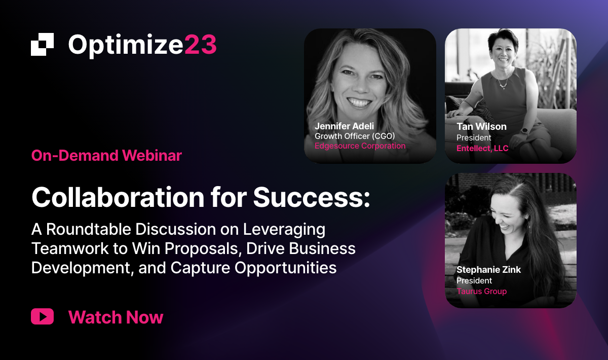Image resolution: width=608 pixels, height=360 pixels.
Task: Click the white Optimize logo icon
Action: [43, 44]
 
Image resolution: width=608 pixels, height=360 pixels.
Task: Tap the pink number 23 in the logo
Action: [201, 45]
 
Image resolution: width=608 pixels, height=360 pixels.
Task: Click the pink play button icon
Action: [43, 316]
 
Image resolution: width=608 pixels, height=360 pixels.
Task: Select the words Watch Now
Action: [116, 317]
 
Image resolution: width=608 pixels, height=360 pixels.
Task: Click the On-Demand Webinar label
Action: [106, 156]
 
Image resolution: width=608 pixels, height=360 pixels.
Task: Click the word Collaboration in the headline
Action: [118, 197]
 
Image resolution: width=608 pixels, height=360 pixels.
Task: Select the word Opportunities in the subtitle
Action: [286, 268]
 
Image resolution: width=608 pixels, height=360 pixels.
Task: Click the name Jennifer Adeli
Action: [344, 126]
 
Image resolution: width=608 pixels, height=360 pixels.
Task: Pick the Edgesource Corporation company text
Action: [360, 146]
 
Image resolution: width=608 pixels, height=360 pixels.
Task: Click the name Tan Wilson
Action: [481, 127]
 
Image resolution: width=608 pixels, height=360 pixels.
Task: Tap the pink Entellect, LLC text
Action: [482, 149]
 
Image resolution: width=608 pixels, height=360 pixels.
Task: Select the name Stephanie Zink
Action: [488, 270]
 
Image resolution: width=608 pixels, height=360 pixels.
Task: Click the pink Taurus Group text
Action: [481, 291]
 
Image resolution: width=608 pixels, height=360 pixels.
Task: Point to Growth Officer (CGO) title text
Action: [355, 136]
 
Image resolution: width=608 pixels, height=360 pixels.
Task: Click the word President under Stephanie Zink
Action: [474, 280]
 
